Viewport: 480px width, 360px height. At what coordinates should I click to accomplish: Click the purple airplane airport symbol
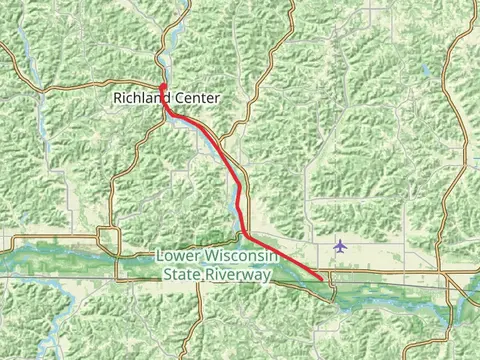[341, 245]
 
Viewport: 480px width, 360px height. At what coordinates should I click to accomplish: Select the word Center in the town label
[197, 99]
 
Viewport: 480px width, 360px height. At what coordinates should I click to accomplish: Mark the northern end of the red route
[162, 84]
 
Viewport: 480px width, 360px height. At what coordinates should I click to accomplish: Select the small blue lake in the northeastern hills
[428, 73]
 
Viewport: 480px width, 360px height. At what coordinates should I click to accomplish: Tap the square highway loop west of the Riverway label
[108, 239]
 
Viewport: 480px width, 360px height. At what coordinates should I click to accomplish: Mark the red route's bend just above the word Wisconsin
[244, 236]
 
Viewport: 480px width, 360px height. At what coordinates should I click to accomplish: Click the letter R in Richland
[118, 99]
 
